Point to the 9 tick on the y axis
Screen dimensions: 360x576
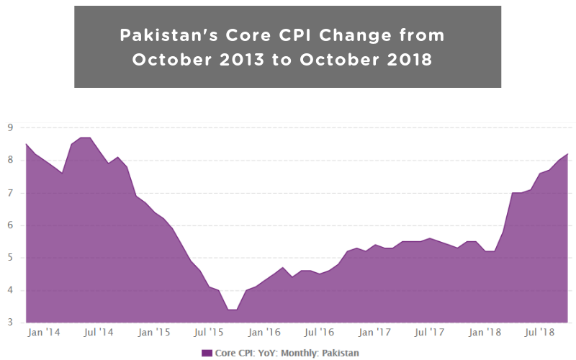click(9, 127)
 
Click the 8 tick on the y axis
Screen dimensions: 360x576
click(9, 160)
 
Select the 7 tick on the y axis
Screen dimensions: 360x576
click(9, 193)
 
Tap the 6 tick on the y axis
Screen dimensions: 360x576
click(9, 225)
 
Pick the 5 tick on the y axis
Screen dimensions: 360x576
click(9, 258)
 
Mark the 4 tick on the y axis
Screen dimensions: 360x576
click(9, 290)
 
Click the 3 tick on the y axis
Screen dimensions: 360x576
click(9, 323)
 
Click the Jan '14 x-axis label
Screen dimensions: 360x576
click(43, 333)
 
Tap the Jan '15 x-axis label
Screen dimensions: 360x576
click(153, 333)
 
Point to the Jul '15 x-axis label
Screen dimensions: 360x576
click(209, 333)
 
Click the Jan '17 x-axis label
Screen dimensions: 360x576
click(374, 333)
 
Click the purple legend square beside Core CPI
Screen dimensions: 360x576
click(207, 353)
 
